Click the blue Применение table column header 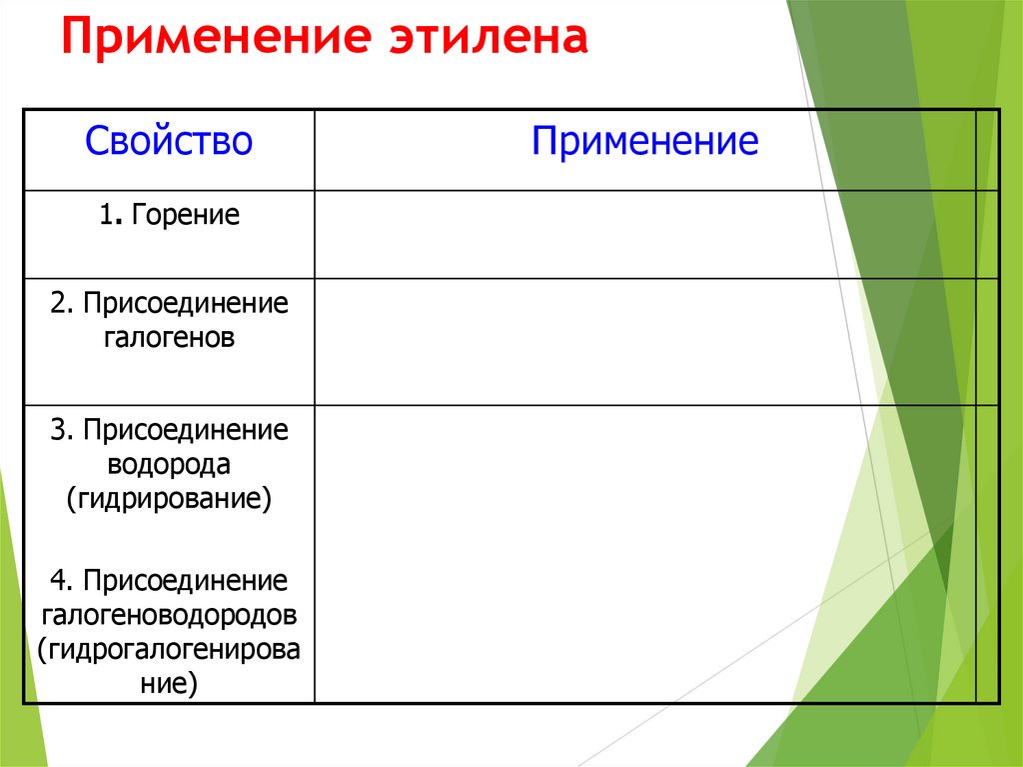(644, 141)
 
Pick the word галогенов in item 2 (169, 337)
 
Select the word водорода (169, 464)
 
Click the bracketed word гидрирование (169, 498)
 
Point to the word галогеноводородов (169, 613)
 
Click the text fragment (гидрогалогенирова (169, 648)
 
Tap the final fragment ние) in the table (169, 683)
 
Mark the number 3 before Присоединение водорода (58, 431)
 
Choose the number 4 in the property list (59, 580)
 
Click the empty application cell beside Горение (644, 234)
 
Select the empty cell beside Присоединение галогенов (644, 341)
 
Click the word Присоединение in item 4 (186, 580)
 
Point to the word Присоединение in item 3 (186, 431)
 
